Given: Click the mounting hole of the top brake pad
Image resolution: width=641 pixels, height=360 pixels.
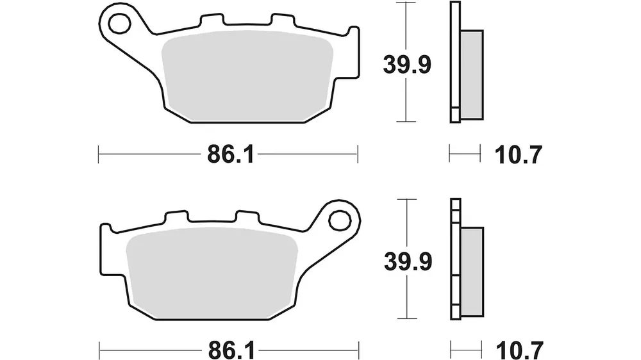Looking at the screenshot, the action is click(x=119, y=23).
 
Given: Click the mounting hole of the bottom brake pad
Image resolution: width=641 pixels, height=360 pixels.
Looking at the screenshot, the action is click(x=340, y=221).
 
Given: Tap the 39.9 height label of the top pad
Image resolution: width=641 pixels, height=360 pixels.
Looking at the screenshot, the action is click(x=407, y=65).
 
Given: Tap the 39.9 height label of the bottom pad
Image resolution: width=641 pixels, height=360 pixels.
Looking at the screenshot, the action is click(x=408, y=261).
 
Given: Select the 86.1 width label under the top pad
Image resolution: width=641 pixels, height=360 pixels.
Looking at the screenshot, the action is click(x=231, y=155).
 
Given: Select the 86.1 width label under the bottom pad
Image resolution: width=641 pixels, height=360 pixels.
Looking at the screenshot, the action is click(x=232, y=350).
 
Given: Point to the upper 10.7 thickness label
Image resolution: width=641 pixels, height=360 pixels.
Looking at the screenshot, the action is click(x=518, y=155).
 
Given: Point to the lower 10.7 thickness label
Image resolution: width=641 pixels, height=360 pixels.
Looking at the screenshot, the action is click(x=519, y=350).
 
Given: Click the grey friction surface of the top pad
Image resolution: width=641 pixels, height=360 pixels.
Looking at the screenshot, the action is click(x=247, y=76).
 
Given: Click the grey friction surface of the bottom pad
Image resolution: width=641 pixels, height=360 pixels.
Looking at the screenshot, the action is click(x=212, y=272).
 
